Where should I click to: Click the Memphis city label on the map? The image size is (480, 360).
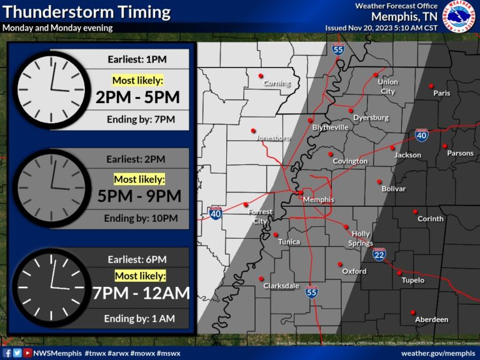coord(318,200)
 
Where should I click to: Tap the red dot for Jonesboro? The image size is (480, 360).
coord(254,131)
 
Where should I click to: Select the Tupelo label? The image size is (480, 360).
coord(412,281)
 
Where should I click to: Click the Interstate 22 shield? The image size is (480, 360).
coord(379,254)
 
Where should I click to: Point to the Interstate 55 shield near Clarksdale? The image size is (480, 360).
coord(312,291)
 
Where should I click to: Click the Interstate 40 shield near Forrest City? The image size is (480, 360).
coord(216,214)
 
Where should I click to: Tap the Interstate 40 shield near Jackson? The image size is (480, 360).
coord(421,134)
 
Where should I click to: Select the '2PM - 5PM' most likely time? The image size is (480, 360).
coord(137,97)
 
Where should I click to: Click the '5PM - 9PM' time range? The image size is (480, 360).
coord(139,196)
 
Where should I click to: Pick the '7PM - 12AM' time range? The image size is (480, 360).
coord(140,292)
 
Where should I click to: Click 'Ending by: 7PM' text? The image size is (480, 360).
coord(140,119)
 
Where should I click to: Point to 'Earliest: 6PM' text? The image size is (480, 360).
coord(137,259)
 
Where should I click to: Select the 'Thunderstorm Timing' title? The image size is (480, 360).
coord(86,12)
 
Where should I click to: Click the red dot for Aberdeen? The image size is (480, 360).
coord(412,312)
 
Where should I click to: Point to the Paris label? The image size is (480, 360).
coord(442,93)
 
